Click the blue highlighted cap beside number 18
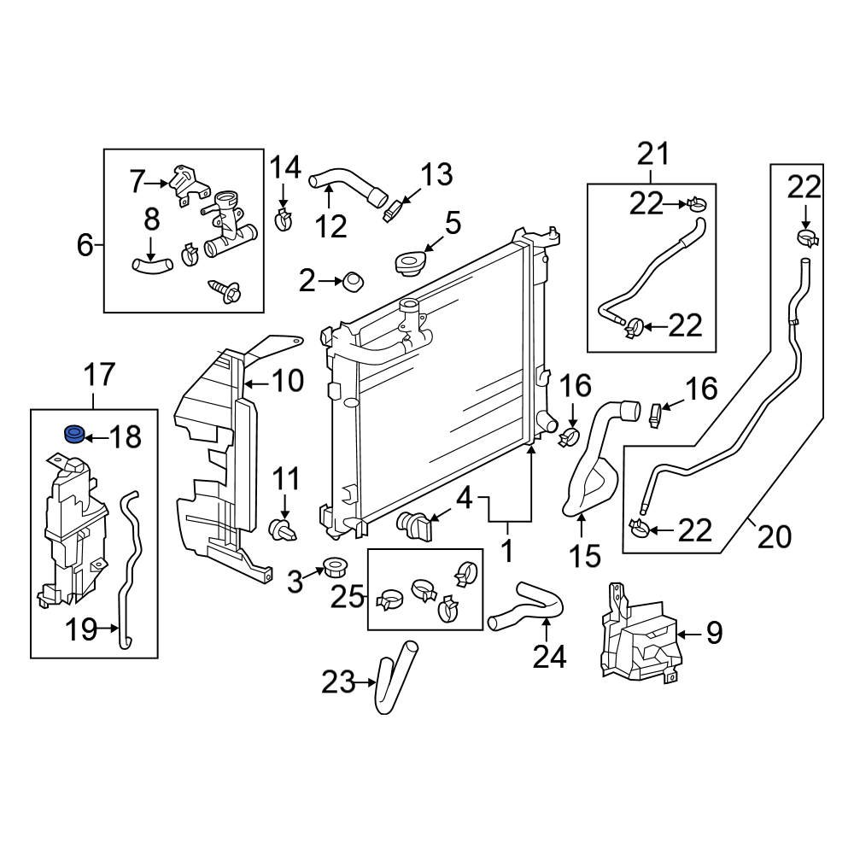pyautogui.click(x=75, y=435)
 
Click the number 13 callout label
pyautogui.click(x=437, y=176)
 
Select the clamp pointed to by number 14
pyautogui.click(x=283, y=219)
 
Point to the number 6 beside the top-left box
pyautogui.click(x=85, y=246)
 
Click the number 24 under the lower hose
pyautogui.click(x=549, y=657)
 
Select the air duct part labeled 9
pyautogui.click(x=639, y=636)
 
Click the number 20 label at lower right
pyautogui.click(x=774, y=537)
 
